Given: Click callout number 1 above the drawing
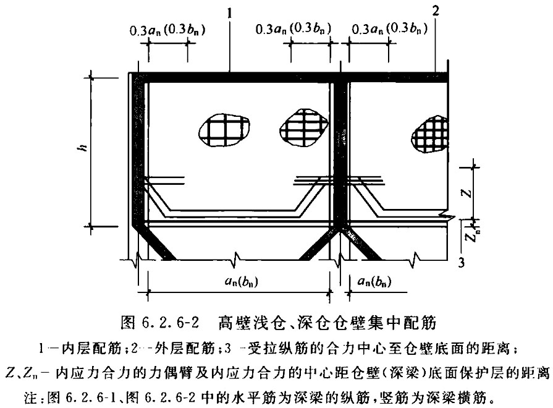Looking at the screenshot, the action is click(230, 14).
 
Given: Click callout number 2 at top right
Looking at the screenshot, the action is click(436, 11).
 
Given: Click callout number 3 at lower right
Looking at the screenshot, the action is click(462, 263).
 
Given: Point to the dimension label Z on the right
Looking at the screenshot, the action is click(466, 193).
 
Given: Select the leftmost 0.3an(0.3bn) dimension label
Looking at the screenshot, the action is click(167, 31).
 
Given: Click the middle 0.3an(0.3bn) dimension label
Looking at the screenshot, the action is click(293, 29).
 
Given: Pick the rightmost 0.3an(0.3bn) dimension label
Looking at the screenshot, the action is click(389, 28).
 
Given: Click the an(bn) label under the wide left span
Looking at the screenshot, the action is click(241, 281).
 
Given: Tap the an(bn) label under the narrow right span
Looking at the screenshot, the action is click(374, 281).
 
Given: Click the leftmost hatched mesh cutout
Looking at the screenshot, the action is click(224, 130).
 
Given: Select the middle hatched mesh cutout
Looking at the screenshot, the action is click(303, 127).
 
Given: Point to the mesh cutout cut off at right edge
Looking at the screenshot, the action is click(430, 135).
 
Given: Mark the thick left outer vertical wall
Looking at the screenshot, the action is click(136, 148).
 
